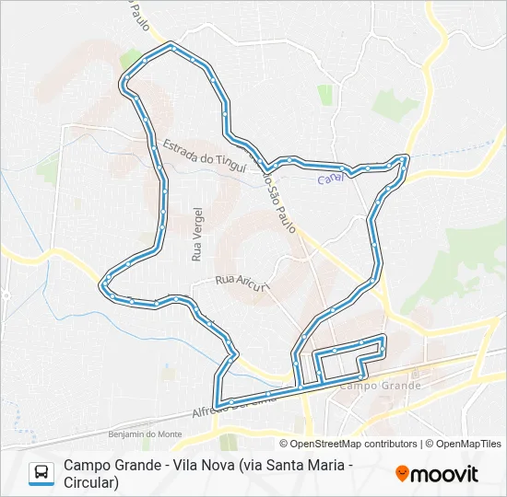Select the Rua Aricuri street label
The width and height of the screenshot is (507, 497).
click(x=240, y=282)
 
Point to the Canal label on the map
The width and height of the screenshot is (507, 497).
click(x=330, y=178)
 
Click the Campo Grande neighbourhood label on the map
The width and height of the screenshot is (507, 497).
click(x=381, y=385)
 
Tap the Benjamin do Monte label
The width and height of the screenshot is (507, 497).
click(x=145, y=433)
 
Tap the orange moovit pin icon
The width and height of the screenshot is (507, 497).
click(x=402, y=473)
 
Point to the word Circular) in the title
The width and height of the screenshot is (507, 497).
click(x=91, y=481)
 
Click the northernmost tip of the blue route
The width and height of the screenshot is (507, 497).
click(x=171, y=43)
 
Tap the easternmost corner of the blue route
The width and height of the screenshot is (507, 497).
click(x=405, y=158)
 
